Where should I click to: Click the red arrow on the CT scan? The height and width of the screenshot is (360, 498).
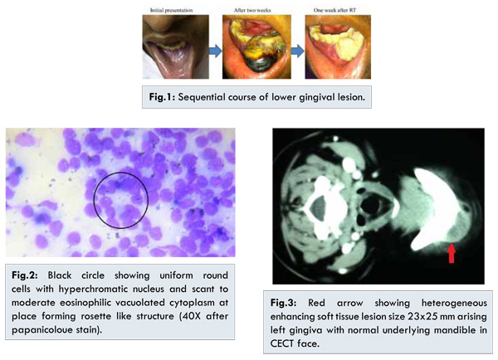point(452,253)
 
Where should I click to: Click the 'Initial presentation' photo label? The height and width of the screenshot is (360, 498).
point(172,10)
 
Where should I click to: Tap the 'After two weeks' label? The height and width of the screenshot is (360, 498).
point(252,10)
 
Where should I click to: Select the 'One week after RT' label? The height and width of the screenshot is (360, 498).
point(334,10)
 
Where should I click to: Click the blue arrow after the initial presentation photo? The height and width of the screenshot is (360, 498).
point(215,51)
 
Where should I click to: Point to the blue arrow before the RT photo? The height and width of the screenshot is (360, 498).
point(298,51)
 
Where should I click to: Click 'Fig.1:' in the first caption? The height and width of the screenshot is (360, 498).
point(162,97)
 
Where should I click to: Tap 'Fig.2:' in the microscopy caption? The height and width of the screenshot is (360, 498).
point(24,275)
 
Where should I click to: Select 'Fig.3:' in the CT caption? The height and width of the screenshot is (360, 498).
point(283,303)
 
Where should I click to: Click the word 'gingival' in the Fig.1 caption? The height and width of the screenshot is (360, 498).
point(305,97)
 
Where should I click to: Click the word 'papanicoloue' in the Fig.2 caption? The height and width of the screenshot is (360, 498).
point(39,330)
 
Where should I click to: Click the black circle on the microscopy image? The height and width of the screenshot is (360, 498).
point(94,200)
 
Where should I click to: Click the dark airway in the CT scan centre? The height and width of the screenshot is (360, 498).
point(369,206)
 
